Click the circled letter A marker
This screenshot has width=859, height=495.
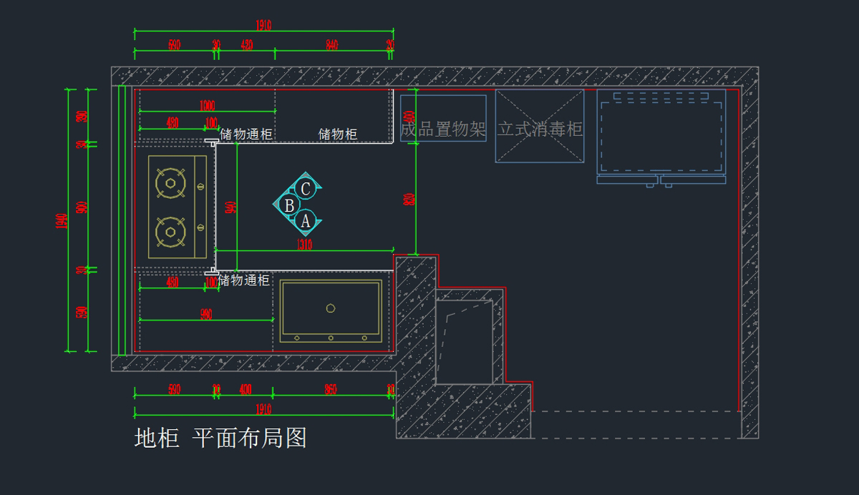pos(306,221)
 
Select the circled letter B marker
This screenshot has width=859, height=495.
pos(289,205)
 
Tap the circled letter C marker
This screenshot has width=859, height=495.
pos(306,189)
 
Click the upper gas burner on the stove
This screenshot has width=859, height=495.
pos(170,182)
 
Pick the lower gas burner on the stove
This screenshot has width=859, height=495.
pos(170,230)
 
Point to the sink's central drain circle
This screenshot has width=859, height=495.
pos(331,308)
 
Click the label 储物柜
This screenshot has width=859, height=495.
pos(338,134)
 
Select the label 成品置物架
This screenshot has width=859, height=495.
pos(443,129)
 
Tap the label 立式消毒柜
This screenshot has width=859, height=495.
pos(540,129)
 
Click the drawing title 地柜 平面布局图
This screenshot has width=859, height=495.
pos(220,438)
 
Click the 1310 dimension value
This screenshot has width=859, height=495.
pos(304,245)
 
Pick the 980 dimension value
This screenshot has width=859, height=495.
pos(206,315)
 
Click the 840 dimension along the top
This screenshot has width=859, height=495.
pos(331,45)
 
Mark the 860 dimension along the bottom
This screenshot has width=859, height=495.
pos(330,390)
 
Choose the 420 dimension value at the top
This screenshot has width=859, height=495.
pos(247,45)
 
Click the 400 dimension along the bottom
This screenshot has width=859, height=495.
pos(246,390)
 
